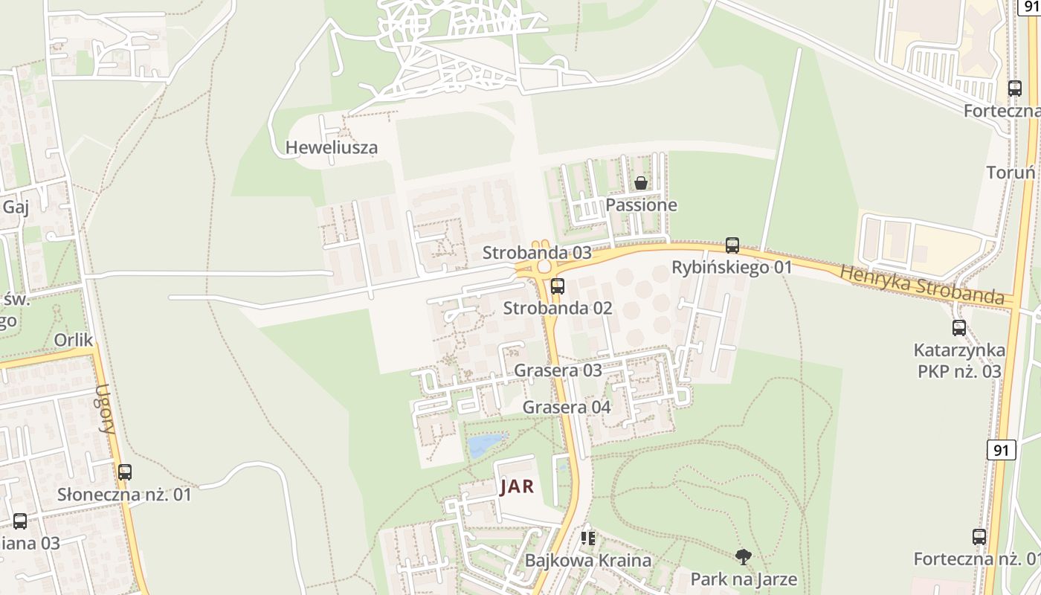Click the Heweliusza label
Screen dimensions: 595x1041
332,147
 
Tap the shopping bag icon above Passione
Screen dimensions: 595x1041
640,182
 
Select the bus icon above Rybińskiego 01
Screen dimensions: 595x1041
732,245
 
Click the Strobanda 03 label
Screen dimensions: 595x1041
537,252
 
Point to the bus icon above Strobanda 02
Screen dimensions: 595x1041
558,286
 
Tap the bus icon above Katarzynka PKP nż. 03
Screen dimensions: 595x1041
959,327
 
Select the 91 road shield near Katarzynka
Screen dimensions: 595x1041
1002,449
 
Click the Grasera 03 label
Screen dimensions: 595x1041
558,370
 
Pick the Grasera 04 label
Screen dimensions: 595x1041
567,407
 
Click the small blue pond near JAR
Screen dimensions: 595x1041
485,445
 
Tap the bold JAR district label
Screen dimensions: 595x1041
518,487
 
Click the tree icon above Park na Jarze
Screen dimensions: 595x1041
743,556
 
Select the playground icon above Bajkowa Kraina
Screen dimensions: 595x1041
588,538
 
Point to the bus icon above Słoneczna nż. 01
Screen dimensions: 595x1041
125,472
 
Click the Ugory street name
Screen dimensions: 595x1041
106,408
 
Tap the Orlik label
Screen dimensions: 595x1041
74,340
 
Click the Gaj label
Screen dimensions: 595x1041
16,207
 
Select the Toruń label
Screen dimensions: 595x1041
1011,173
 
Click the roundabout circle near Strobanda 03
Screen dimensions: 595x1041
544,266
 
